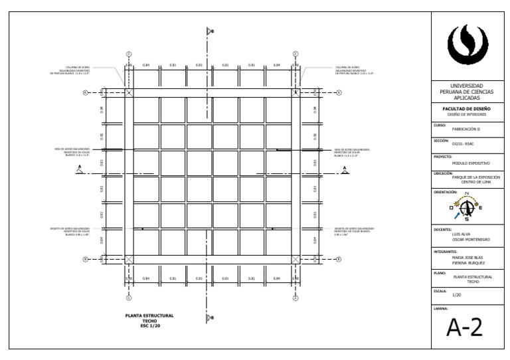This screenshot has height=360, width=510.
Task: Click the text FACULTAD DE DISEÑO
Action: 467,108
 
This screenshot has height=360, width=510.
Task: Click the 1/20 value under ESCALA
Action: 456,295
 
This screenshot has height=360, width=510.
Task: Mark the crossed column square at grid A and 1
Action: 129,93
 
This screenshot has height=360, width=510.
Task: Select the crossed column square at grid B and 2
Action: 296,259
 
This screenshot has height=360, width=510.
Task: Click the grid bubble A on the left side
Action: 85,93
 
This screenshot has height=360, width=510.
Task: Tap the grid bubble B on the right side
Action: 338,259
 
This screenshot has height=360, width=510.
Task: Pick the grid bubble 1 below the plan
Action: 129,298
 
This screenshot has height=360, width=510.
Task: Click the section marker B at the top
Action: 209,31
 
